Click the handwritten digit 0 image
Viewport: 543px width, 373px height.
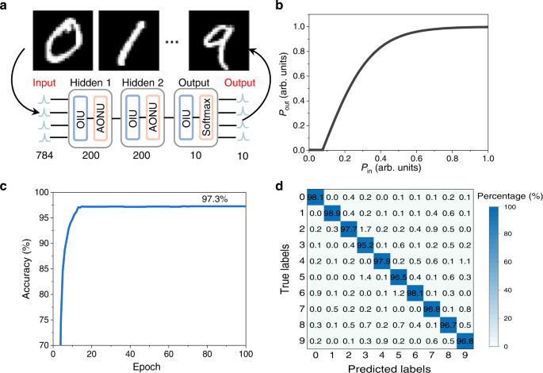57,37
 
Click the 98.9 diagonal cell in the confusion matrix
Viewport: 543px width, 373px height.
334,213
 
